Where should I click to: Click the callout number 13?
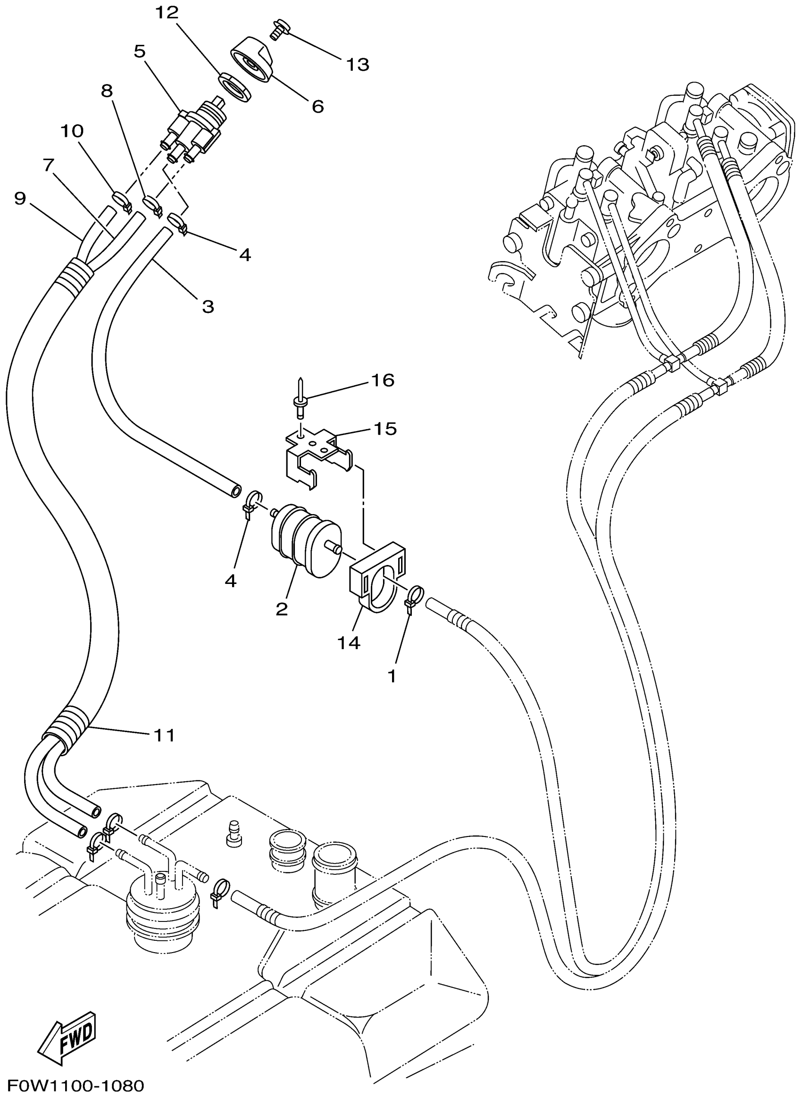[358, 65]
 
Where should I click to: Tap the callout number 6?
[317, 106]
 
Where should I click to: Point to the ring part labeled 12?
[235, 86]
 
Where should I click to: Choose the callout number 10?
[72, 131]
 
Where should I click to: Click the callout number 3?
[208, 306]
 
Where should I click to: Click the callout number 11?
[164, 735]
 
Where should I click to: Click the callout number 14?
[349, 642]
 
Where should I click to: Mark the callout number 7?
[48, 165]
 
